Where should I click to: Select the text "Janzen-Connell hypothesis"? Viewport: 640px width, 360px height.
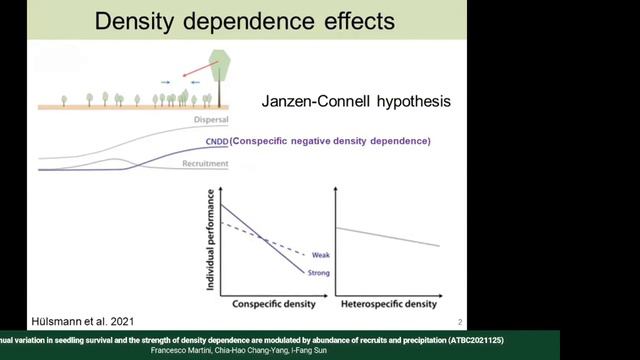tap(352, 102)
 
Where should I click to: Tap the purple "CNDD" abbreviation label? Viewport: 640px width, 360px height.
tap(217, 142)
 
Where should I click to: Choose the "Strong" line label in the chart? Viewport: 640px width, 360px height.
tap(319, 272)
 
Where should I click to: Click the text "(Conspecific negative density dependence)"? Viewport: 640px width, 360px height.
tap(330, 142)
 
